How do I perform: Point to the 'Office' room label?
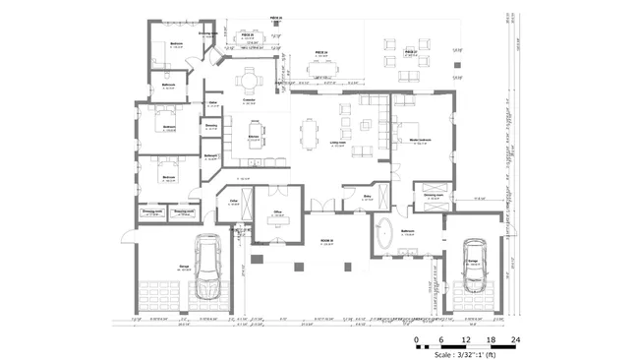(x=278, y=211)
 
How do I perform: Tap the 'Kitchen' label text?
(x=253, y=136)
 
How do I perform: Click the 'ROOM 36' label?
(x=327, y=239)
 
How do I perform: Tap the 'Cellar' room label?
(x=235, y=201)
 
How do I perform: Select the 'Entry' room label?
(x=367, y=197)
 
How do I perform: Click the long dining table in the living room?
(x=311, y=131)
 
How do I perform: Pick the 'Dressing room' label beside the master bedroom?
(x=434, y=195)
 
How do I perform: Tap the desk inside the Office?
(x=277, y=221)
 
